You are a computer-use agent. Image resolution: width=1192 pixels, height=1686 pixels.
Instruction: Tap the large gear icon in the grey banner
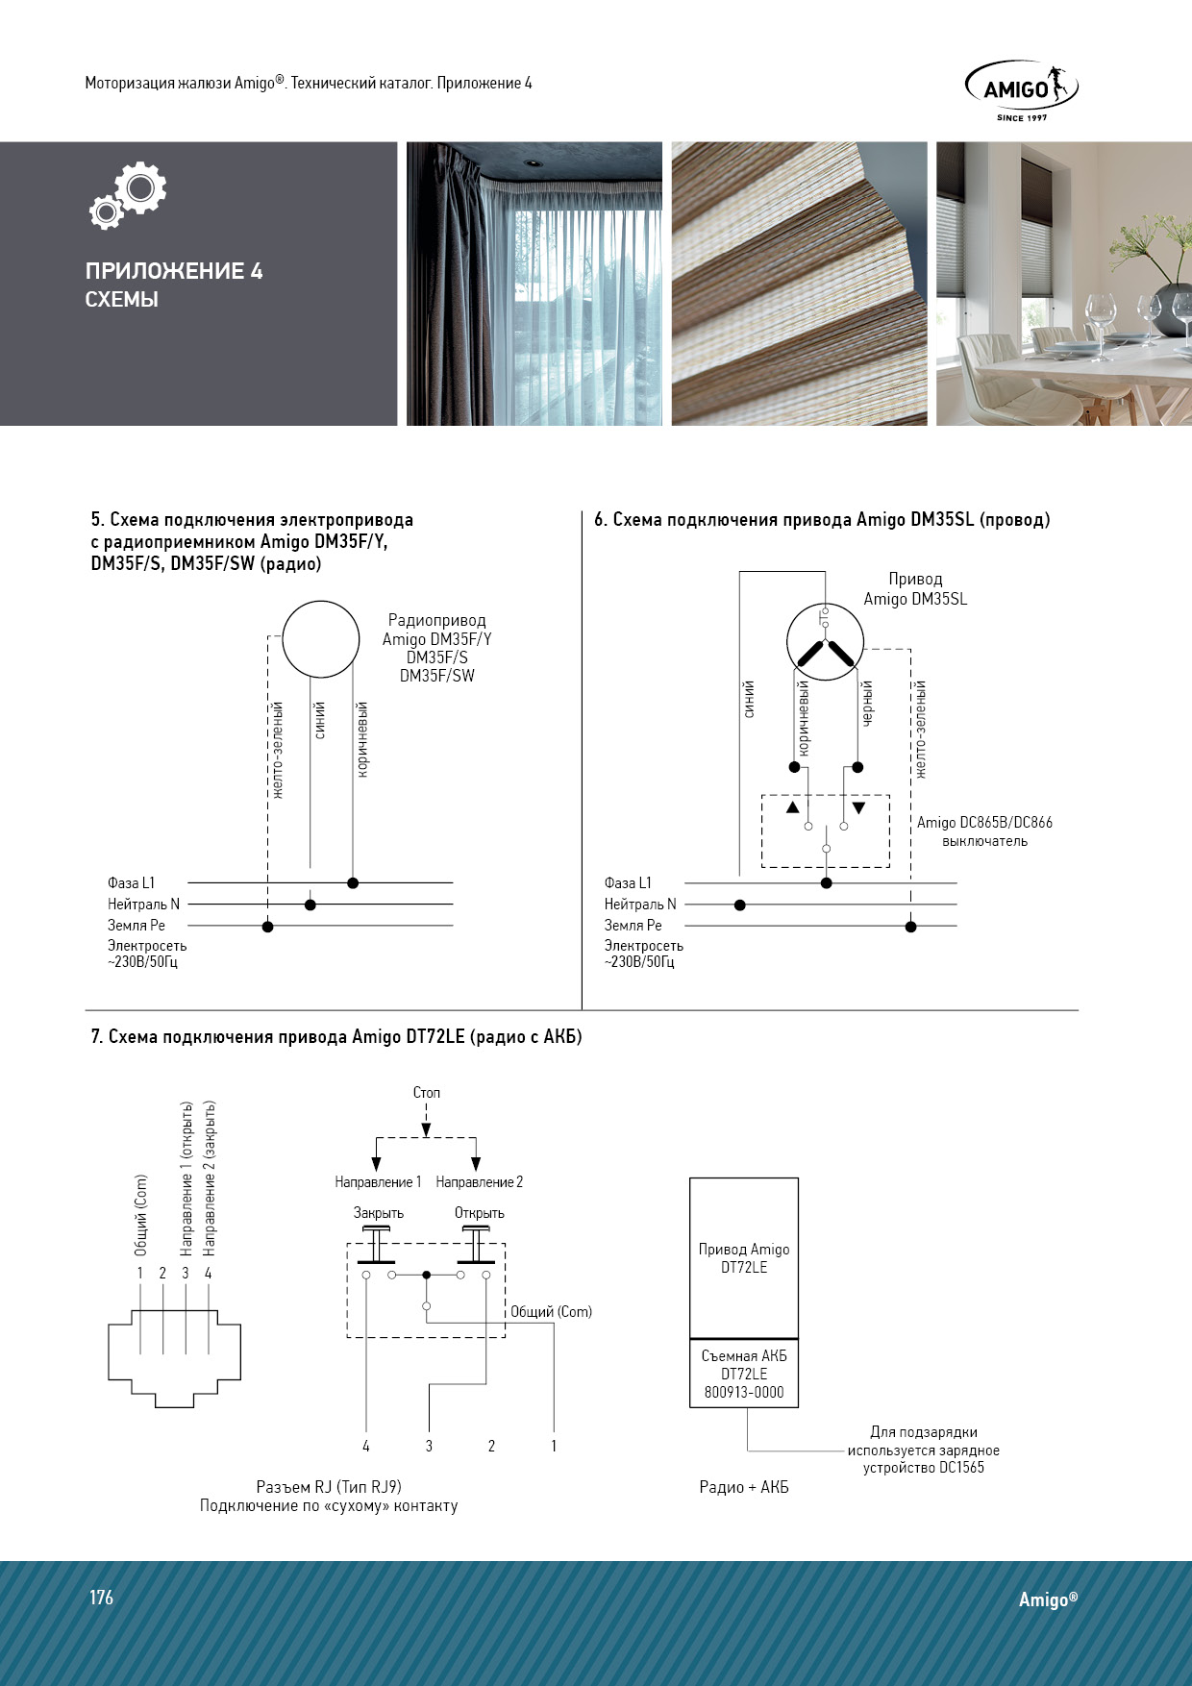[140, 187]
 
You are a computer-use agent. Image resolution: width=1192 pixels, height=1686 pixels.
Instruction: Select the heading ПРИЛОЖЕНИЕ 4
[174, 271]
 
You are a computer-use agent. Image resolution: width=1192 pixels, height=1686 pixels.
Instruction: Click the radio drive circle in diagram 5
[320, 639]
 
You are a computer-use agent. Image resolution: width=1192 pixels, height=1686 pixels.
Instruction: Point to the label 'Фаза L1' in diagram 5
[131, 882]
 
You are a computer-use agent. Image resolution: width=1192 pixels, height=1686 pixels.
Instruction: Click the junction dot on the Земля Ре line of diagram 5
[267, 927]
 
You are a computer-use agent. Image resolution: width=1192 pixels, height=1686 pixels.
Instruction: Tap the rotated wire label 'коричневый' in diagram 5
[362, 739]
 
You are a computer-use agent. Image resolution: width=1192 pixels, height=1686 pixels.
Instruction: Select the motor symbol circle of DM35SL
[825, 643]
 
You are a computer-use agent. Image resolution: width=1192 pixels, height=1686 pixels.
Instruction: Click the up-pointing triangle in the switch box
[792, 807]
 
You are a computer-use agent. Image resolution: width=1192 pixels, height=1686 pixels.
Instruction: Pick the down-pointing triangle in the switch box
[858, 807]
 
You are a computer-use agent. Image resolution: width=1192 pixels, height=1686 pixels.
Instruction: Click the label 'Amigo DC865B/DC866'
[984, 823]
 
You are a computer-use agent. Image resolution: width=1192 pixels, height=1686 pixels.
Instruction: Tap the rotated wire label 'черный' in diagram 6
[867, 703]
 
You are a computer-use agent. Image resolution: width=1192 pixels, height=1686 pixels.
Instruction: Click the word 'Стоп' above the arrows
[427, 1093]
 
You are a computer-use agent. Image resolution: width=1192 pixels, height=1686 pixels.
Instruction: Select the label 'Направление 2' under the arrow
[480, 1182]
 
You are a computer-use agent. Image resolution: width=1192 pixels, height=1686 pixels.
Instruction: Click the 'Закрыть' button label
[379, 1213]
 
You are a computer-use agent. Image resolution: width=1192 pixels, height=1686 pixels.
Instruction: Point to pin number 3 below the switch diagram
[429, 1446]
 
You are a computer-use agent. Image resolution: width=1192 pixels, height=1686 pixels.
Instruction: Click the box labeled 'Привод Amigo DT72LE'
[744, 1257]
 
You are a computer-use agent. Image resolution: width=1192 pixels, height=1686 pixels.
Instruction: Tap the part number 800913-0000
[744, 1392]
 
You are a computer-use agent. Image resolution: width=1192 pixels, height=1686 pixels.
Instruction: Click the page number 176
[102, 1598]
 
